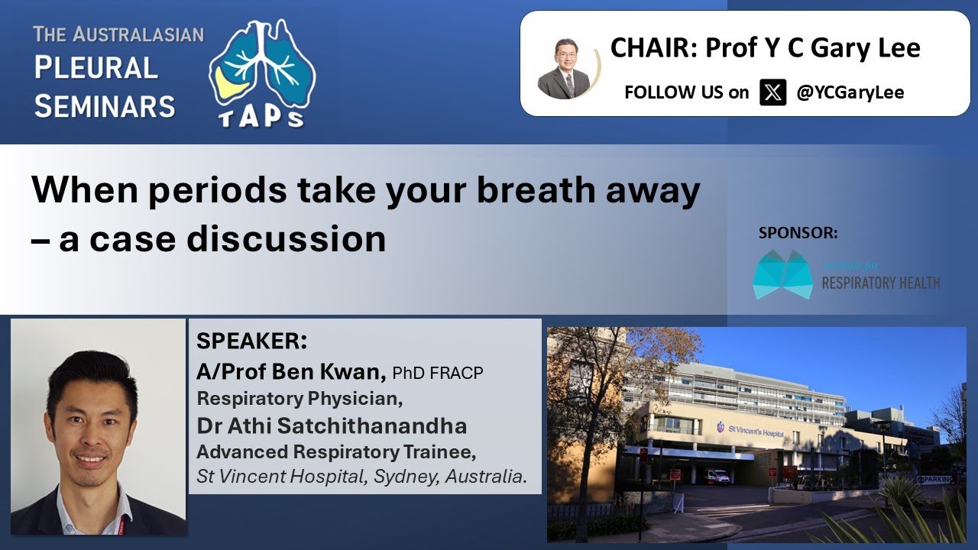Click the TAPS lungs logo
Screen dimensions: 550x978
(x=262, y=73)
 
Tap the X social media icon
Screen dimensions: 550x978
(x=772, y=92)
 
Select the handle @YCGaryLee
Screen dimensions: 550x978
(x=850, y=92)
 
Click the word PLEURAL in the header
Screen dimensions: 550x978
(x=96, y=69)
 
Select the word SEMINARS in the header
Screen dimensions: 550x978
(x=105, y=105)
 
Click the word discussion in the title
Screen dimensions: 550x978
(x=287, y=238)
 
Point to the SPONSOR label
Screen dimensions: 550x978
(x=798, y=233)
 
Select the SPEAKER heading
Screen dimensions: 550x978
(x=251, y=341)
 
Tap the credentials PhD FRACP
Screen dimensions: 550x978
(x=438, y=373)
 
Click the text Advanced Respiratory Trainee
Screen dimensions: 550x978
(x=336, y=451)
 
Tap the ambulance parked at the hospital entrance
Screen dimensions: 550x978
(x=717, y=477)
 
